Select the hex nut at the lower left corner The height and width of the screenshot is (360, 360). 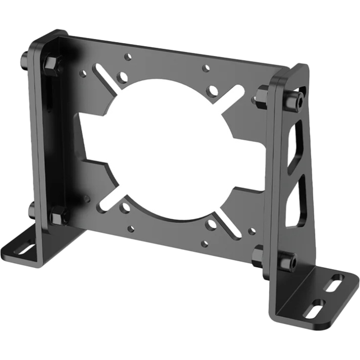tap(58, 216)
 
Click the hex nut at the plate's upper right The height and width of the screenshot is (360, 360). tap(261, 95)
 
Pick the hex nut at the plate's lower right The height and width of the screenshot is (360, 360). tap(258, 256)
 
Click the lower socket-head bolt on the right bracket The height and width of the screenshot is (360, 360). tap(287, 261)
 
